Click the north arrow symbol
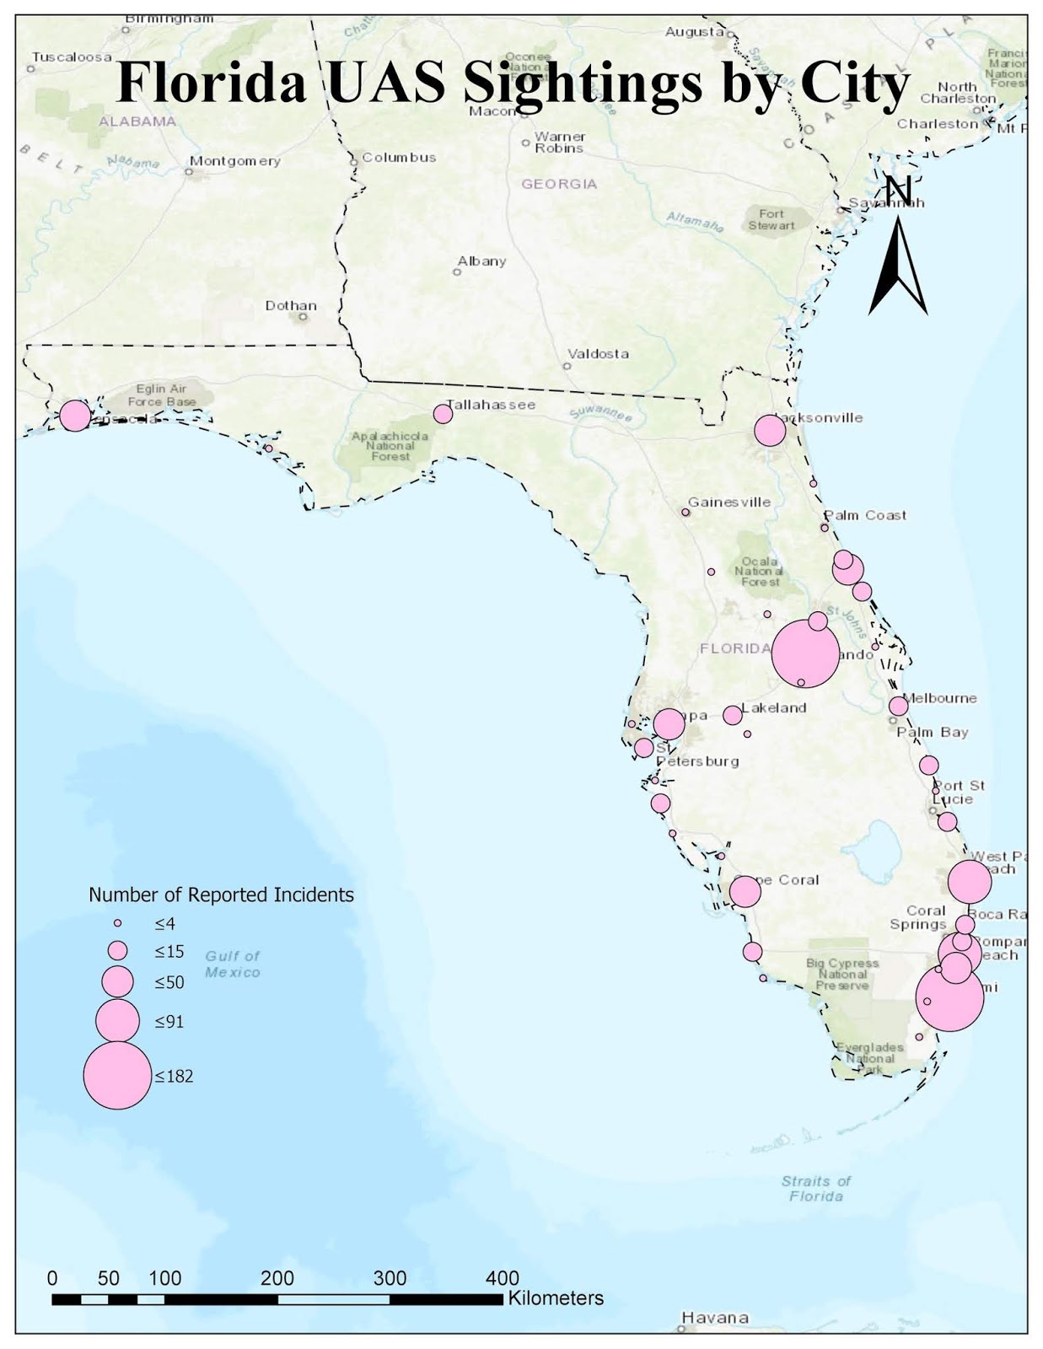tap(898, 261)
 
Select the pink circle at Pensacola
tap(75, 415)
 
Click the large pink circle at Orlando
tap(805, 653)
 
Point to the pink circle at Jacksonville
tap(770, 431)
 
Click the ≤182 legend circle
tap(117, 1075)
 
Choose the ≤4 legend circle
tap(118, 923)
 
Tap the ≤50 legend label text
tap(169, 982)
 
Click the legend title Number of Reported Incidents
tap(221, 895)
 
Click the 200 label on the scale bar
tap(277, 1278)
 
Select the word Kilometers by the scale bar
tap(556, 1298)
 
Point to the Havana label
tap(715, 1318)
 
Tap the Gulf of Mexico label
tap(233, 964)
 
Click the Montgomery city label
tap(234, 161)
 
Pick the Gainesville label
tap(729, 503)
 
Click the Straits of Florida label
tap(815, 1188)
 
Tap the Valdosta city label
tap(598, 354)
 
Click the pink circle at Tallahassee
tap(443, 414)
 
